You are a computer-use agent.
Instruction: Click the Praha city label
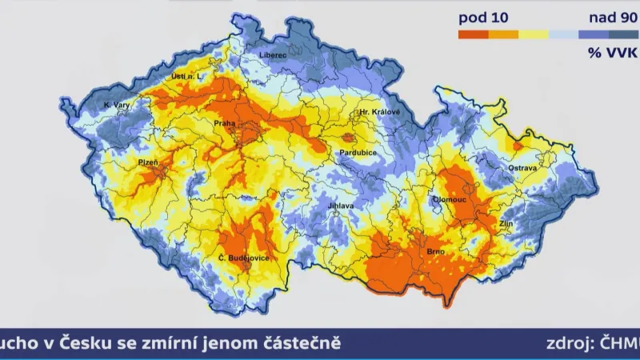pyautogui.click(x=222, y=123)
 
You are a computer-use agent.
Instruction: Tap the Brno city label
pyautogui.click(x=436, y=253)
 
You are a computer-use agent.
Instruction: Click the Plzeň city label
pyautogui.click(x=148, y=162)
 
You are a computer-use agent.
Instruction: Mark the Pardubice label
pyautogui.click(x=358, y=151)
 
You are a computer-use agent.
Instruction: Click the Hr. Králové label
pyautogui.click(x=379, y=112)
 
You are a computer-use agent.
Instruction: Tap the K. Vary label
pyautogui.click(x=118, y=105)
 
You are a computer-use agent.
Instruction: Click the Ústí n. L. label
pyautogui.click(x=188, y=76)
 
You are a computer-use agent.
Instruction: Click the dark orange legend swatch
pyautogui.click(x=473, y=34)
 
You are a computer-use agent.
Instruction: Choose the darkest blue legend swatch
pyautogui.click(x=623, y=34)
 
